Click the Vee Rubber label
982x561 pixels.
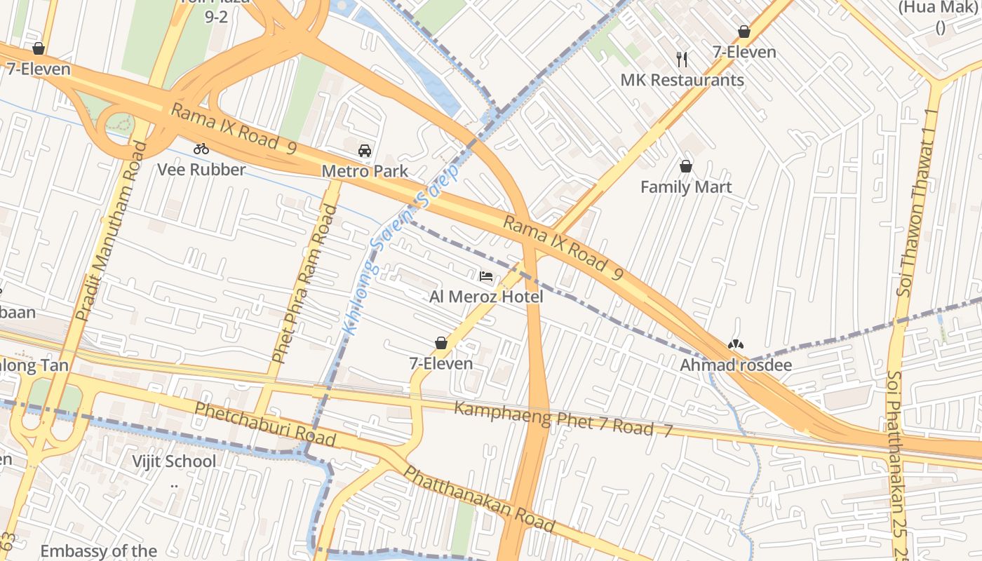click(201, 170)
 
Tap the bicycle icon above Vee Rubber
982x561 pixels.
click(201, 149)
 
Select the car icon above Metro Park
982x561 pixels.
click(365, 150)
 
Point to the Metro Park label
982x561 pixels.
click(365, 171)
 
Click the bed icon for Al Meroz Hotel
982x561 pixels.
click(486, 276)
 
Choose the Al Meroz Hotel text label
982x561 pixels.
click(486, 297)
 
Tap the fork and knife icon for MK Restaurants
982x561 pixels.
click(682, 59)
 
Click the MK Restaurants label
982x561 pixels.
click(682, 80)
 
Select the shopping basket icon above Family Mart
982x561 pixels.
click(686, 166)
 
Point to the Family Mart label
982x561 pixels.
click(686, 187)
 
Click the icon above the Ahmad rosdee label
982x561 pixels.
click(736, 344)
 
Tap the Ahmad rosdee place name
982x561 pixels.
click(736, 365)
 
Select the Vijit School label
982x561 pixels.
click(175, 461)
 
